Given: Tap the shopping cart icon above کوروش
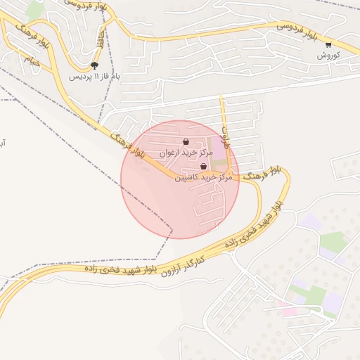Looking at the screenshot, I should [x=328, y=44].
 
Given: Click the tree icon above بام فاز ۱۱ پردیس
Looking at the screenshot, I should [x=95, y=65].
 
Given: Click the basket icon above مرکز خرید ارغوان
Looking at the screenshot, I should [x=186, y=142].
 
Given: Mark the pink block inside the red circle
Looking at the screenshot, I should [x=219, y=150].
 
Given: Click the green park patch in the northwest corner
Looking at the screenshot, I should [x=34, y=10].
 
